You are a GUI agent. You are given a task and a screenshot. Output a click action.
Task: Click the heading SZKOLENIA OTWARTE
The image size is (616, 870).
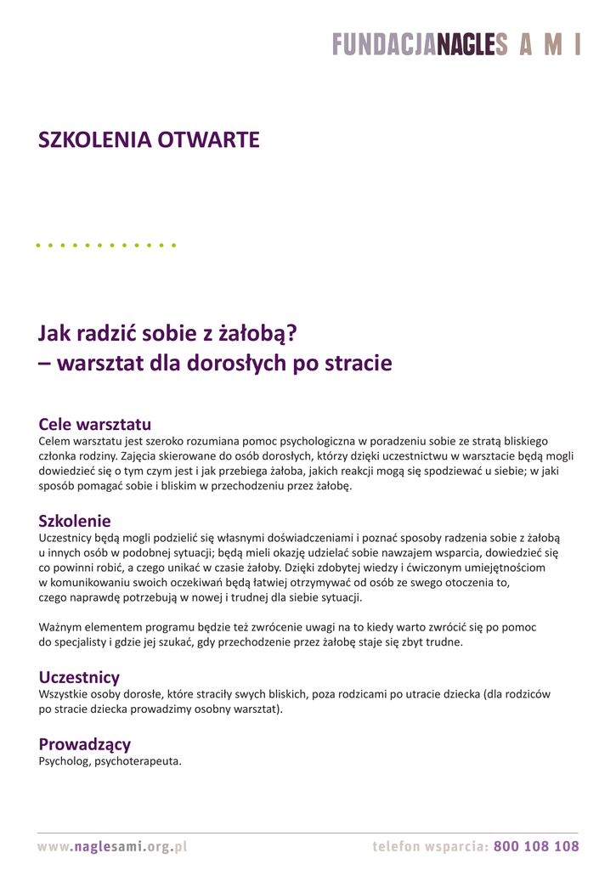coord(149,140)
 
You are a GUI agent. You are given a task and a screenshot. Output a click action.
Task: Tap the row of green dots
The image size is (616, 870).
coord(107,246)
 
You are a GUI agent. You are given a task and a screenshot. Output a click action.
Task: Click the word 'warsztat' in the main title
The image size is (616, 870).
coord(99,364)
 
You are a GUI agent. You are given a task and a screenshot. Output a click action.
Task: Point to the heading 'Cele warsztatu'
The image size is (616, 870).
coord(94,423)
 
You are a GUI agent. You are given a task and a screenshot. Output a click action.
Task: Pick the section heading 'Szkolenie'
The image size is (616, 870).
coord(75,520)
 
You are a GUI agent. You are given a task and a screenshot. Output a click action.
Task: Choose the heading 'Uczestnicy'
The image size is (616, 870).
coord(79,677)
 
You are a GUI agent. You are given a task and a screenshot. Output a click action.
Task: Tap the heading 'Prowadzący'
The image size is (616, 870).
coord(85,744)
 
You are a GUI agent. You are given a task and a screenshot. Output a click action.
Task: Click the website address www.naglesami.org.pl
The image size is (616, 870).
coord(112,846)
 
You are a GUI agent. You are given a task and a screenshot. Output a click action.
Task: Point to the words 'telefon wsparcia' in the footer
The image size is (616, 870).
coord(429,846)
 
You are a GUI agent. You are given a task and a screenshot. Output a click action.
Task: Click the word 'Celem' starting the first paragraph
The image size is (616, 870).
coord(55,441)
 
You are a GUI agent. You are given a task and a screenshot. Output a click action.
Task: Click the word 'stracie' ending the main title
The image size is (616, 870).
coord(357,364)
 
